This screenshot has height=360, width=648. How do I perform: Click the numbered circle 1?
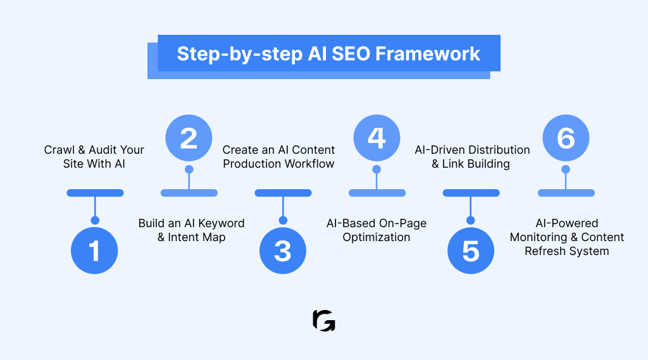[95, 251]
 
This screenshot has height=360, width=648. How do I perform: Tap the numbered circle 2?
[189, 138]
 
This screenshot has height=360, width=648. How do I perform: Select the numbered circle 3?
[283, 251]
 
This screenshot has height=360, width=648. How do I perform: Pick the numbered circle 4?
[377, 138]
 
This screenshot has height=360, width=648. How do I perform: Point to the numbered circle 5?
[471, 251]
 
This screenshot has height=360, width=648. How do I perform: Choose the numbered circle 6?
[566, 138]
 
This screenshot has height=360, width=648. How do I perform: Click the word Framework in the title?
[428, 53]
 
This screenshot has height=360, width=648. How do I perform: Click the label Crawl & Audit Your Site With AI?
[94, 156]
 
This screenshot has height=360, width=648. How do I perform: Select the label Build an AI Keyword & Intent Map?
[191, 230]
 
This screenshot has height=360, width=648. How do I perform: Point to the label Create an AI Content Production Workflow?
[278, 156]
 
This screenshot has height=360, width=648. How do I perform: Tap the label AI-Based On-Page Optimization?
[377, 230]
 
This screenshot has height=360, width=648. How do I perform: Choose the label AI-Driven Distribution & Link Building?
[472, 156]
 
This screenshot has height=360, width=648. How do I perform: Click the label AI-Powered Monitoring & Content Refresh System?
[567, 237]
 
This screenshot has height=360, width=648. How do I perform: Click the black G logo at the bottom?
[324, 321]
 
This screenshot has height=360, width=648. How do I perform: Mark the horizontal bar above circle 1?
[95, 193]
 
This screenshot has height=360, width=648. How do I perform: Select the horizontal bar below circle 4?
[377, 193]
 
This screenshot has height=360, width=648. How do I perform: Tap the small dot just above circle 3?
[283, 220]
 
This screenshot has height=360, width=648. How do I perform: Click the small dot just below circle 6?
[566, 170]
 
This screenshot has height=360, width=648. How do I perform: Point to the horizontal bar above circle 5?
[471, 193]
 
